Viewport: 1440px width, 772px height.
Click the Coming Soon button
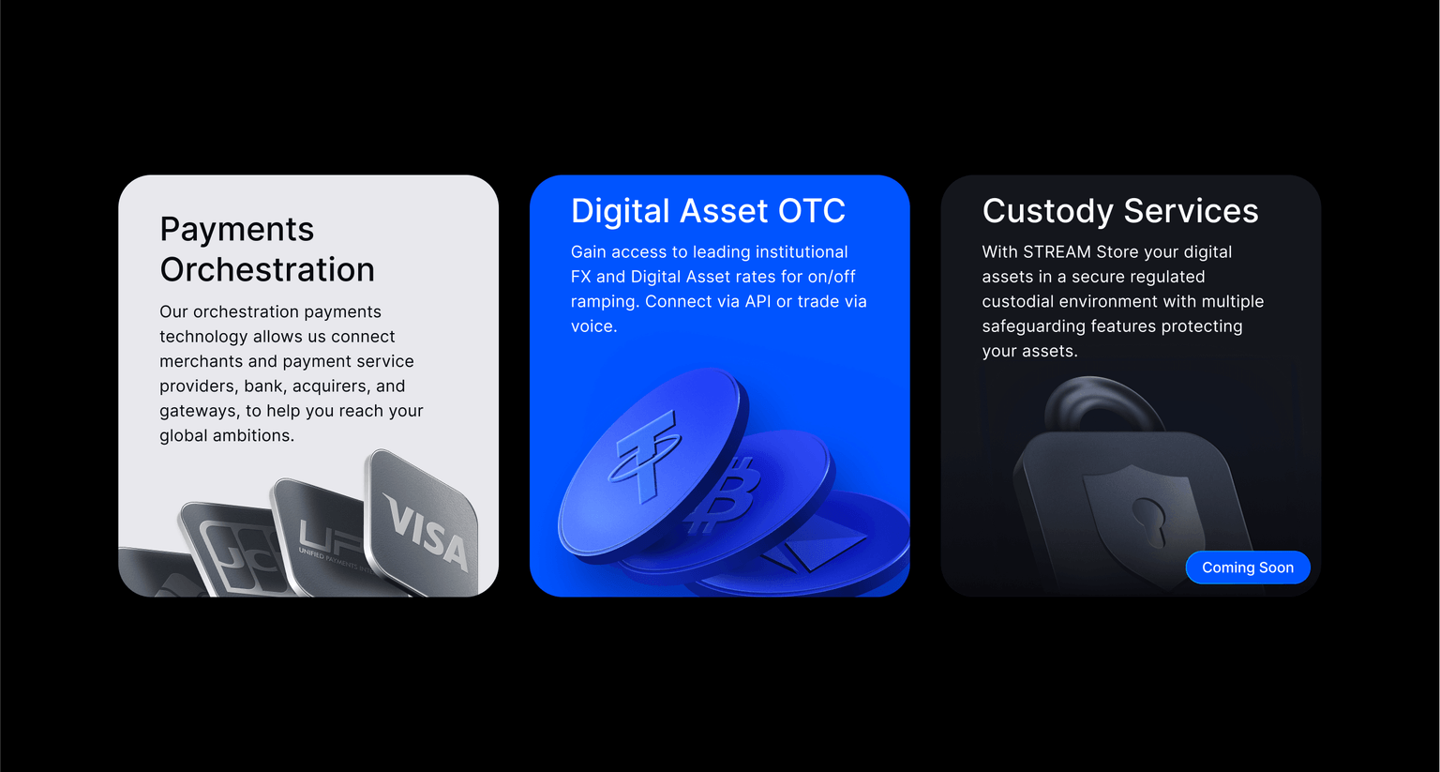pyautogui.click(x=1248, y=568)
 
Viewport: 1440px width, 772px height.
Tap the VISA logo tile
pyautogui.click(x=423, y=522)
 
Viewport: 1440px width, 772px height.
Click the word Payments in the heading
pyautogui.click(x=236, y=231)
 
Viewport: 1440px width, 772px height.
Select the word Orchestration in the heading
pyautogui.click(x=267, y=269)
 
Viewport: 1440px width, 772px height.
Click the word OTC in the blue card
pyautogui.click(x=811, y=211)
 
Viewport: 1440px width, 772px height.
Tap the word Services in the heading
pyautogui.click(x=1192, y=211)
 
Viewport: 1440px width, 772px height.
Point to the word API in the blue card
pyautogui.click(x=757, y=302)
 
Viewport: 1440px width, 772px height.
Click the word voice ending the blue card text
pyautogui.click(x=593, y=326)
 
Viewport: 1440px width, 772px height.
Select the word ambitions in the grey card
pyautogui.click(x=253, y=435)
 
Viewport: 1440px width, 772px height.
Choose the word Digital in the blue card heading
pyautogui.click(x=621, y=212)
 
